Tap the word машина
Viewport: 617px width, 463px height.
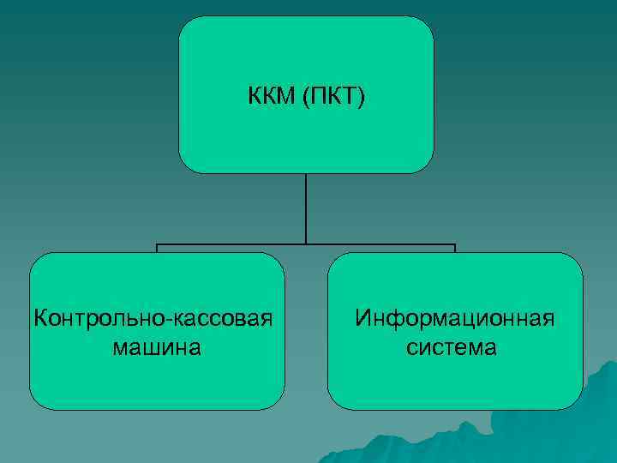tap(157, 347)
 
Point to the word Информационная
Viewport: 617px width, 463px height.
tap(455, 319)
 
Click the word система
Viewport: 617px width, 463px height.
tap(455, 347)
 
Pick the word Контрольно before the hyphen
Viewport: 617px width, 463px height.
tap(101, 319)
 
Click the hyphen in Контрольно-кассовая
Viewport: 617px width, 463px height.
tap(174, 321)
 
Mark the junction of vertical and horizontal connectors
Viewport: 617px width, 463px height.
tap(306, 244)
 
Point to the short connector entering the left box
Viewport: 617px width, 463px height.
tap(157, 249)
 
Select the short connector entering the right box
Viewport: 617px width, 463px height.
tap(455, 249)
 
